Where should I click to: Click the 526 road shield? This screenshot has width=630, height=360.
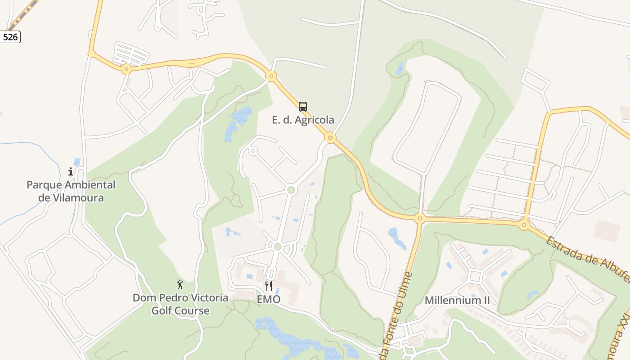10,37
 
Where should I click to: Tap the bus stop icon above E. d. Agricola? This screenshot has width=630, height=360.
303,107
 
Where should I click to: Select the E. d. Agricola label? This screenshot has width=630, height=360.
303,120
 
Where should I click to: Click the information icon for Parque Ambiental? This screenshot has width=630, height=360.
71,171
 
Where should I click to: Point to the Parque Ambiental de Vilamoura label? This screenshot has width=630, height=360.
71,191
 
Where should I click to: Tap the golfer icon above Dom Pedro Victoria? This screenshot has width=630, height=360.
180,284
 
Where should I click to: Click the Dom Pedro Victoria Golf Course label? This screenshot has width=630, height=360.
180,304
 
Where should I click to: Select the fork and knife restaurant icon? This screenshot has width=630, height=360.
269,286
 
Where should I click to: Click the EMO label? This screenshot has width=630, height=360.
269,299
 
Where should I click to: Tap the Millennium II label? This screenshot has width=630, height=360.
457,300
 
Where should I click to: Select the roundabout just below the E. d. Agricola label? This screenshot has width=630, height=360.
331,138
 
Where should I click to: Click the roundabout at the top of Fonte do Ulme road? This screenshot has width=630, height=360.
420,219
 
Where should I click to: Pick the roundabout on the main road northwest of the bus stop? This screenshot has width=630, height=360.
271,76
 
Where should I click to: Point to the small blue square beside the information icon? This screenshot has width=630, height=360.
77,162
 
